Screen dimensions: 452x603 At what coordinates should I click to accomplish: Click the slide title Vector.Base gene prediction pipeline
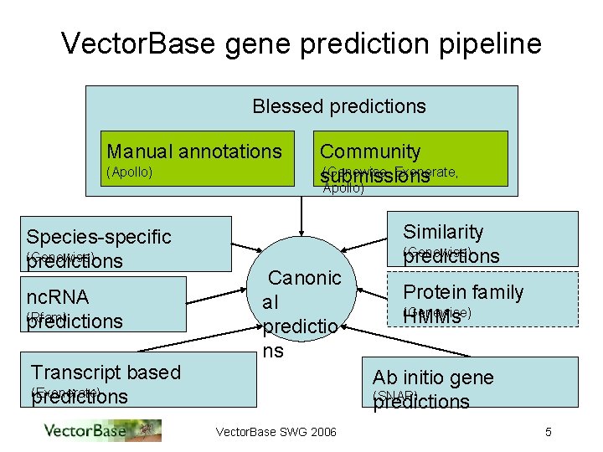coord(301,44)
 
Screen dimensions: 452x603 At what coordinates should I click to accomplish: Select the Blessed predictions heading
coord(339,106)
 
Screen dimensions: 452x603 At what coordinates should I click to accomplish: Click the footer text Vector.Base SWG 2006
coord(276,432)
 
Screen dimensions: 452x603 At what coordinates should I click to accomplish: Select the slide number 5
coord(548,432)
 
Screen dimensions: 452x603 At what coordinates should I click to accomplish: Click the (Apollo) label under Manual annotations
coord(131,173)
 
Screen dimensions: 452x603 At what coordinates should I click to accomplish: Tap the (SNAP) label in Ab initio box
coord(394,395)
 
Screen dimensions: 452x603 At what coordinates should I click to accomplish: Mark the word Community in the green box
coord(370,152)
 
